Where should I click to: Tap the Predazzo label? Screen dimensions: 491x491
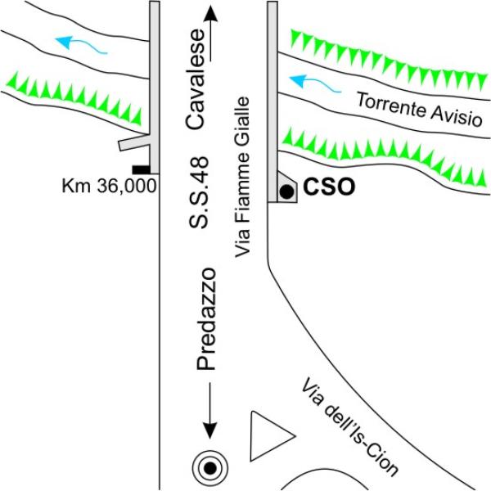(205, 319)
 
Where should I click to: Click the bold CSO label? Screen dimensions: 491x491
(329, 187)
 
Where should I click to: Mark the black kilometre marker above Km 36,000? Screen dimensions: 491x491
(141, 169)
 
